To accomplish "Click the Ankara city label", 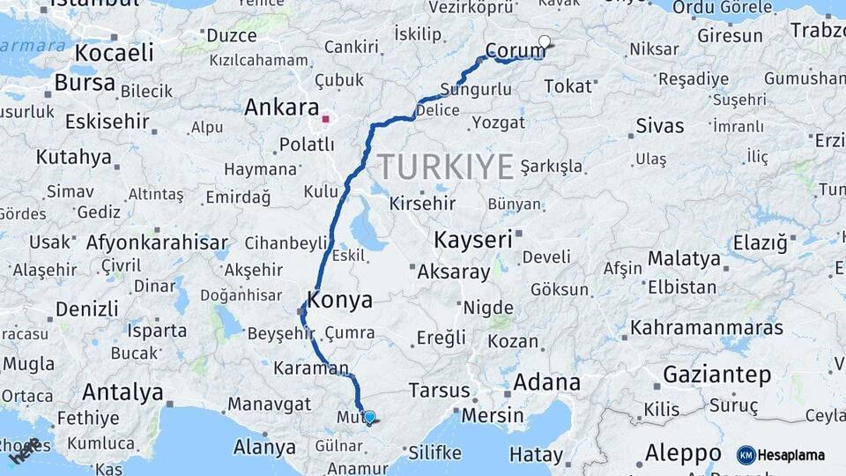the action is point(280,108).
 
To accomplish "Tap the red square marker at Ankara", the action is point(325,118).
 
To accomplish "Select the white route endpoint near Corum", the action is point(545,41).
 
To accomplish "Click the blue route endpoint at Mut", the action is point(369,417).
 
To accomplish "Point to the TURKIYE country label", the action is point(446,166).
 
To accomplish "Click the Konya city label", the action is point(339,300).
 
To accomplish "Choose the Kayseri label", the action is point(473,240).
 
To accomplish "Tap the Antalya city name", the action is point(122,392).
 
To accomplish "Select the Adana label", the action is point(546,383).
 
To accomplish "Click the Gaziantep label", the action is point(716,375).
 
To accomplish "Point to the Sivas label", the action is point(660,126).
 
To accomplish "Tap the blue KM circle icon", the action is point(746,455).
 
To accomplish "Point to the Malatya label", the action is point(684,259).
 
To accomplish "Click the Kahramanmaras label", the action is point(706,328).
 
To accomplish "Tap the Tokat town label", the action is point(568,86).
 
